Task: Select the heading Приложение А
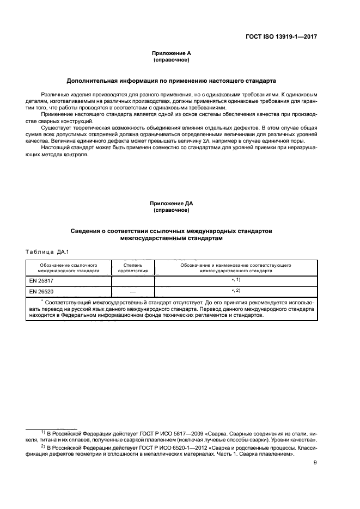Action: point(171,53)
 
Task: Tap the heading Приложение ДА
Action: point(171,204)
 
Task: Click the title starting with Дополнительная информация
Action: point(171,81)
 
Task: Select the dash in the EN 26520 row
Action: point(133,292)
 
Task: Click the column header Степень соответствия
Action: point(133,267)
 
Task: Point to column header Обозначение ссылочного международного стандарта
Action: point(68,267)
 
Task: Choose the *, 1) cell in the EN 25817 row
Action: point(236,280)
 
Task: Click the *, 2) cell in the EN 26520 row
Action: point(236,291)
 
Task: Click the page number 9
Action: point(315,464)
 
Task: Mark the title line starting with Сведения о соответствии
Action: point(171,231)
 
